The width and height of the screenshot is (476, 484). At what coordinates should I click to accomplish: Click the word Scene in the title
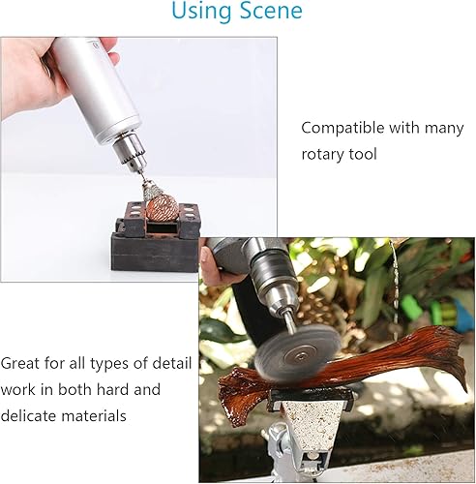point(271,10)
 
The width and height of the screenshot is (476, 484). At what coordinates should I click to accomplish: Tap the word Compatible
point(342,128)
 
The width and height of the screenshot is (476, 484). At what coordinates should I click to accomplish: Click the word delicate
point(28,415)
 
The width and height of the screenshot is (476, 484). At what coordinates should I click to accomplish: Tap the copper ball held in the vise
point(163,208)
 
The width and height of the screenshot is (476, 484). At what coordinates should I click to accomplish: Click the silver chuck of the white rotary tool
point(129,153)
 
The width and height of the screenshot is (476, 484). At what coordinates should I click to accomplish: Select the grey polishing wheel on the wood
point(297,352)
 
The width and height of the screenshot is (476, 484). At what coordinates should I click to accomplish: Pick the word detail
point(171,363)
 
